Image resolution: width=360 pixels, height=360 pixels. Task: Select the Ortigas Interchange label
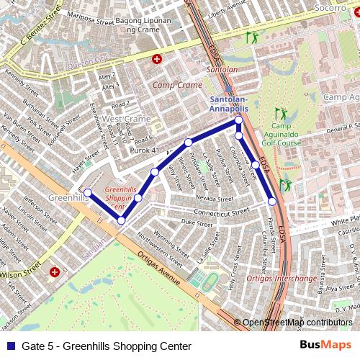coord(280,278)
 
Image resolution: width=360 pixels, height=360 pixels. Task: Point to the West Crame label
coord(126,119)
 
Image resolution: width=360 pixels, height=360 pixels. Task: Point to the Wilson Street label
coord(21,273)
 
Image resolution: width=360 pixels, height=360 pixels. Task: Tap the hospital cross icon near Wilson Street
coord(55,272)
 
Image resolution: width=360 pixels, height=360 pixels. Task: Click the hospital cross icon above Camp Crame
coord(157,58)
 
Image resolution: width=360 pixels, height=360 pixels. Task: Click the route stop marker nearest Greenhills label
coord(87,192)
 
